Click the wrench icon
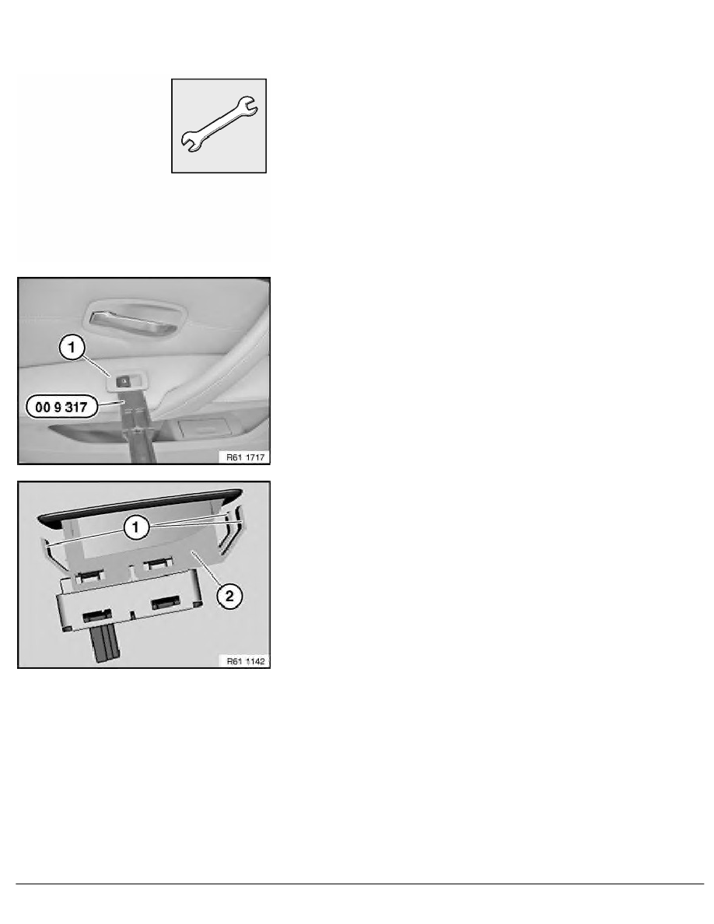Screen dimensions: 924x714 (x=219, y=125)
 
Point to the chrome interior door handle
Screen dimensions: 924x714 (x=134, y=318)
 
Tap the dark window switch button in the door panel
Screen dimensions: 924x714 (x=124, y=380)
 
